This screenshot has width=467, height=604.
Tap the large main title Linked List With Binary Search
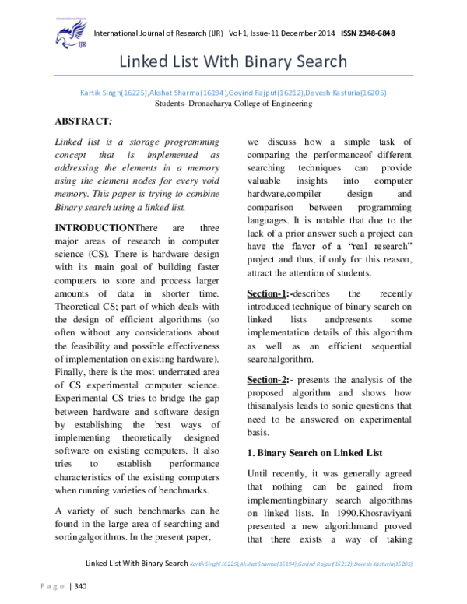click(x=233, y=62)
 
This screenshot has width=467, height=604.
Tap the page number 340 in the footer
click(x=80, y=585)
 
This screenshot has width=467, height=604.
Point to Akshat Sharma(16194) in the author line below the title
click(x=176, y=92)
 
